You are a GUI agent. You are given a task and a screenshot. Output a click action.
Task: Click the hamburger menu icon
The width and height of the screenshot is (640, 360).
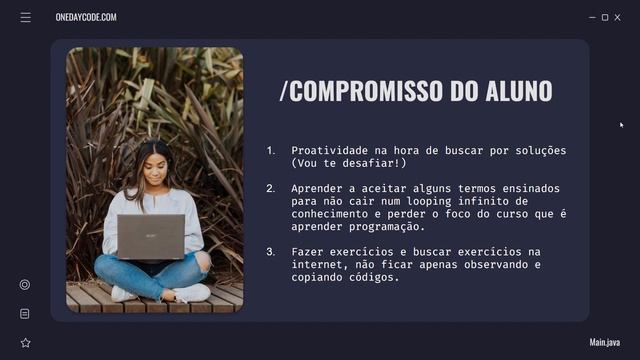click(x=25, y=17)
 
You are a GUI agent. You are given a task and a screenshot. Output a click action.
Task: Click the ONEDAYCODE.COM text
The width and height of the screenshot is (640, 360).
click(x=86, y=17)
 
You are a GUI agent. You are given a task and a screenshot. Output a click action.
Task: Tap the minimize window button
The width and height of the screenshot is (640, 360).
click(x=592, y=17)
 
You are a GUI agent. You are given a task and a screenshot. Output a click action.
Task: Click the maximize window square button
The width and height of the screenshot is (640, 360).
click(x=605, y=17)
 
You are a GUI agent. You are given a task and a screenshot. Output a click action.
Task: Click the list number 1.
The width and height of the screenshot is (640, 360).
click(x=270, y=150)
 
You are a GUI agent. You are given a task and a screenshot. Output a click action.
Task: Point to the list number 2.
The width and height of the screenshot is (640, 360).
click(x=270, y=188)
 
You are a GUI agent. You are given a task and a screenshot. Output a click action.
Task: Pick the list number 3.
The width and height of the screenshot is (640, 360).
click(x=270, y=251)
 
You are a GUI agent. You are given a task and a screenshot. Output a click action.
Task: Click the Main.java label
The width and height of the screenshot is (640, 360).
click(x=605, y=342)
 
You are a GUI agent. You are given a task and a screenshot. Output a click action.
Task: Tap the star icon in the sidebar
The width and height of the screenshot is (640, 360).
click(x=25, y=342)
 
